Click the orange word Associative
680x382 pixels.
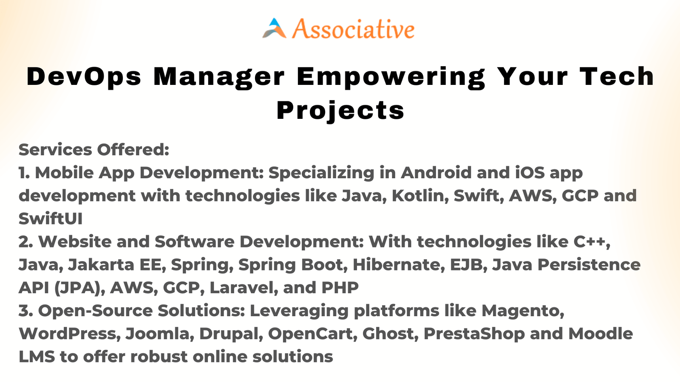click(x=353, y=29)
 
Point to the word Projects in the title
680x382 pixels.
click(x=340, y=111)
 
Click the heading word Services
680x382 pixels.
click(x=55, y=150)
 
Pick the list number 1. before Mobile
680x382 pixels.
click(x=24, y=173)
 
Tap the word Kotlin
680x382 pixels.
click(x=420, y=196)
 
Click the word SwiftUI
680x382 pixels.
click(x=51, y=219)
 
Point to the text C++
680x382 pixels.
click(x=592, y=242)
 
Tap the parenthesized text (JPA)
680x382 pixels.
click(x=79, y=288)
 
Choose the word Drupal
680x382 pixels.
click(x=231, y=334)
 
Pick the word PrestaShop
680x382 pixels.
click(x=474, y=334)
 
